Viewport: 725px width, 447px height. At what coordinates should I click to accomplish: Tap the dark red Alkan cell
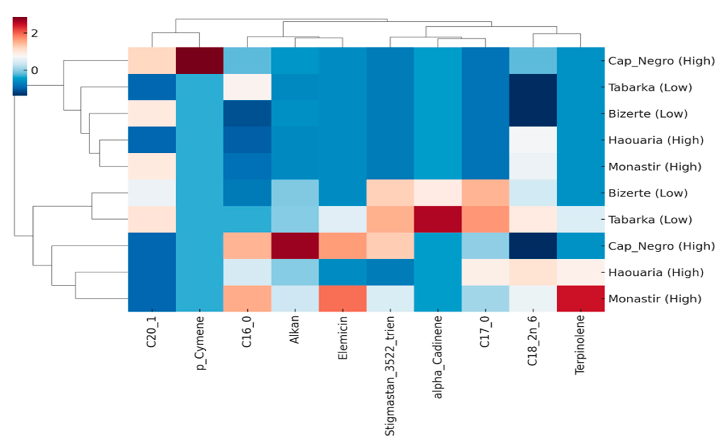[x=295, y=246]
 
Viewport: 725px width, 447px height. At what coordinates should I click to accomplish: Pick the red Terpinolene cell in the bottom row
[x=581, y=299]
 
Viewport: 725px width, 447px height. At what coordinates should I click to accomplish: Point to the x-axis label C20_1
[x=151, y=332]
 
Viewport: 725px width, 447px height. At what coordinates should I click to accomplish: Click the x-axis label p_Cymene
[x=200, y=343]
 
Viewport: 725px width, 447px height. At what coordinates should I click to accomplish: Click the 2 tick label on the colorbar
[x=35, y=33]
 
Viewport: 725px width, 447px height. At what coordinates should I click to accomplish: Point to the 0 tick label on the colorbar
[x=35, y=70]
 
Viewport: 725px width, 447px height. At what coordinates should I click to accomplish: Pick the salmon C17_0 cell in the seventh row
[x=485, y=219]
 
